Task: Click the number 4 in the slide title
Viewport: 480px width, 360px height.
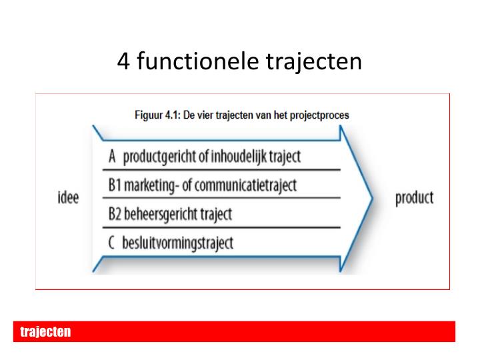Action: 124,62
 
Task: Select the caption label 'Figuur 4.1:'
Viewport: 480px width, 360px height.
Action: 161,115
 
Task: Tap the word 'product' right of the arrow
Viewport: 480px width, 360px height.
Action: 414,198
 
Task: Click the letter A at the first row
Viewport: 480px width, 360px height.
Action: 112,157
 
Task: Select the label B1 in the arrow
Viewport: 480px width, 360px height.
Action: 115,185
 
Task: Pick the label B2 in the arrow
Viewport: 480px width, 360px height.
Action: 115,214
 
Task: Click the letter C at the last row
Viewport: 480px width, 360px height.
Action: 112,243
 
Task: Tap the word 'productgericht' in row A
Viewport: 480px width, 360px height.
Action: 155,157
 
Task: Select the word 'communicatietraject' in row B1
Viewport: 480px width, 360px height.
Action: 245,185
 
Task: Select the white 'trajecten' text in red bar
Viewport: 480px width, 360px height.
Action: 45,332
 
